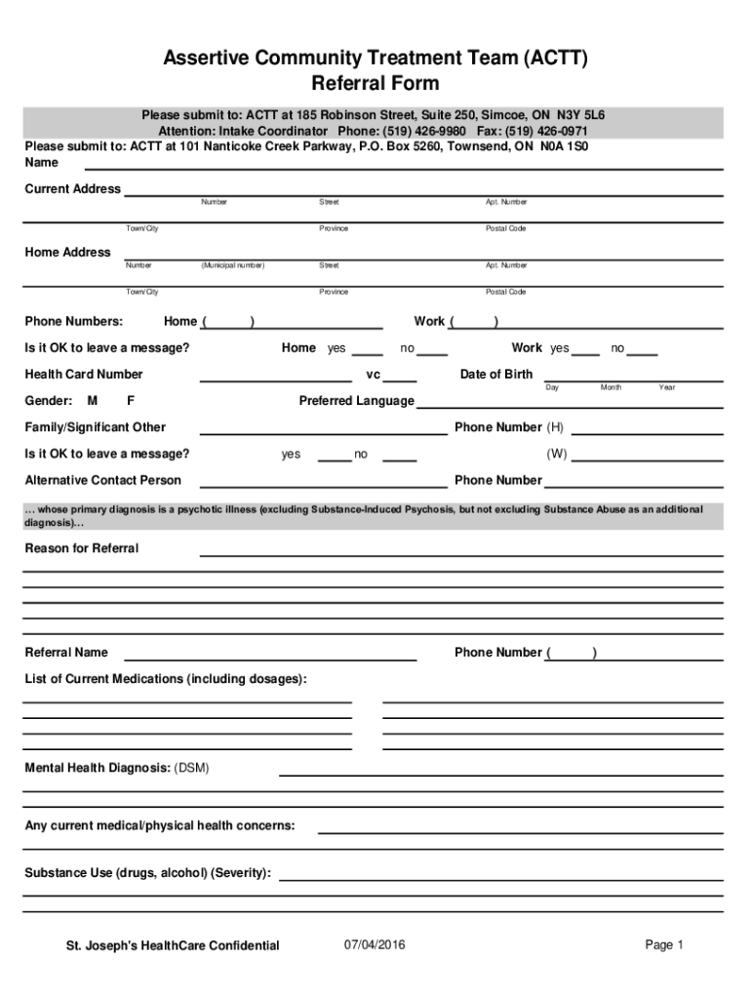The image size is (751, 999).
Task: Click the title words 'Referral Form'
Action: click(375, 84)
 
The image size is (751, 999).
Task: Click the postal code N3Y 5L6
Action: click(581, 115)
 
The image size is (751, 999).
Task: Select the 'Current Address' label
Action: click(73, 188)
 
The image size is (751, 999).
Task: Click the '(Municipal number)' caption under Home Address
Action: click(233, 265)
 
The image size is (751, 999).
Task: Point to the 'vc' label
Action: click(373, 375)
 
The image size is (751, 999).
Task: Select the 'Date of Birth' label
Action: click(496, 375)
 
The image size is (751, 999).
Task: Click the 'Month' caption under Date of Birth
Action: click(612, 388)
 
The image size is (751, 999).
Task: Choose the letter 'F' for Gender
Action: click(131, 401)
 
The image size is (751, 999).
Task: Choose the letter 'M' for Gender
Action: click(92, 401)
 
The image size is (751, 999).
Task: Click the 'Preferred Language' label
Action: click(356, 401)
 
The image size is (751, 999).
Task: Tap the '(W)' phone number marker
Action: click(557, 454)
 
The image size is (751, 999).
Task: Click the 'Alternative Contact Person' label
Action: click(102, 480)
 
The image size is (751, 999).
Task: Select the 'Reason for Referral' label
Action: click(81, 548)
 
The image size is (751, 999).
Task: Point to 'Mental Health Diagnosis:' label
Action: click(98, 768)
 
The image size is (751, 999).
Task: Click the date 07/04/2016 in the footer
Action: click(375, 944)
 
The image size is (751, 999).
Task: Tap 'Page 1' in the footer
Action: click(664, 944)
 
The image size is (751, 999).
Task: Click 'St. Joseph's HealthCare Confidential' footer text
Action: click(173, 945)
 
